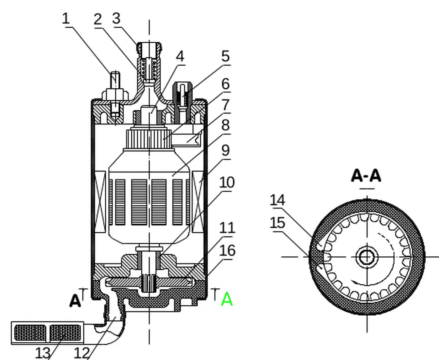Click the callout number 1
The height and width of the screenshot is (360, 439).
pyautogui.click(x=66, y=19)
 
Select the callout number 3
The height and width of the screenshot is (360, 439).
pyautogui.click(x=117, y=19)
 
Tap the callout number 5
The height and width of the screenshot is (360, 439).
pyautogui.click(x=226, y=57)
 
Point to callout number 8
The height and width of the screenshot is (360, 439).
pyautogui.click(x=226, y=125)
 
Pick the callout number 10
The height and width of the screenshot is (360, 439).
pyautogui.click(x=227, y=183)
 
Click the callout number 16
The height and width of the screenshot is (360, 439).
pyautogui.click(x=227, y=251)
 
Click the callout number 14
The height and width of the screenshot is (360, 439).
pyautogui.click(x=278, y=200)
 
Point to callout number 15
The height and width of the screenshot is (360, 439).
pyautogui.click(x=278, y=223)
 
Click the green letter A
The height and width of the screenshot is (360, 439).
pyautogui.click(x=227, y=299)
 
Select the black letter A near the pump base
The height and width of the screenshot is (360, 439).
pyautogui.click(x=75, y=301)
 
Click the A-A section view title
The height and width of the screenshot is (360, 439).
pyautogui.click(x=366, y=176)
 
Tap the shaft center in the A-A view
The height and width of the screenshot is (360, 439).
pyautogui.click(x=367, y=257)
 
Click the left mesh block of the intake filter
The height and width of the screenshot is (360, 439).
pyautogui.click(x=30, y=333)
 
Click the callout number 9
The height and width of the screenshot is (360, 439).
pyautogui.click(x=226, y=151)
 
